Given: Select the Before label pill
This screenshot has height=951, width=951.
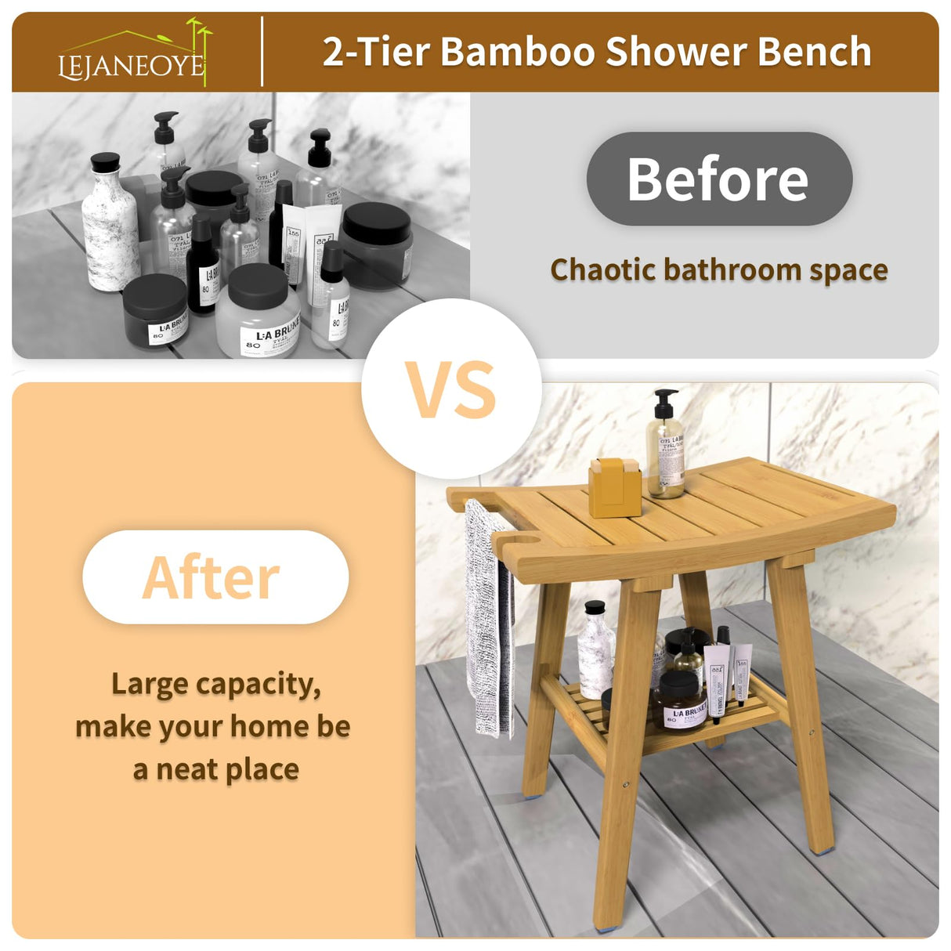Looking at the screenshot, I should pyautogui.click(x=718, y=179).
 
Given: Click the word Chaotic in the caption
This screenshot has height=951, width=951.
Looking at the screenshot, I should pyautogui.click(x=602, y=269).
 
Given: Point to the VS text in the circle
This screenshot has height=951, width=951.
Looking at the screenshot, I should pyautogui.click(x=451, y=389).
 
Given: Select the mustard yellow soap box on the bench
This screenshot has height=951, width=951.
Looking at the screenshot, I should pyautogui.click(x=615, y=489).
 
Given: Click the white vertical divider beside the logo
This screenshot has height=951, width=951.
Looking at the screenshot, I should pyautogui.click(x=262, y=52).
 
